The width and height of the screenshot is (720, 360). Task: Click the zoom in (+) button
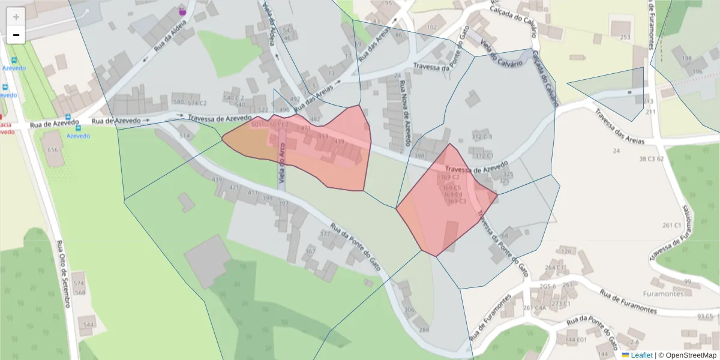[x=16, y=17]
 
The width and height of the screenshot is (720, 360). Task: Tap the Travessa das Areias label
[x=619, y=127]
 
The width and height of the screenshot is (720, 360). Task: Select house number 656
[x=53, y=150]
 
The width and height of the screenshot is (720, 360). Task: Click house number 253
[x=625, y=37]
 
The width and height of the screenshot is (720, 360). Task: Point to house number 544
[x=88, y=325]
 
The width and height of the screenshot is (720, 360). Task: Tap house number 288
[x=424, y=330]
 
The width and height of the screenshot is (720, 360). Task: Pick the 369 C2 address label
[x=450, y=178]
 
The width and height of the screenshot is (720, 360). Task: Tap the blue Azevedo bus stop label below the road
[x=78, y=136]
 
